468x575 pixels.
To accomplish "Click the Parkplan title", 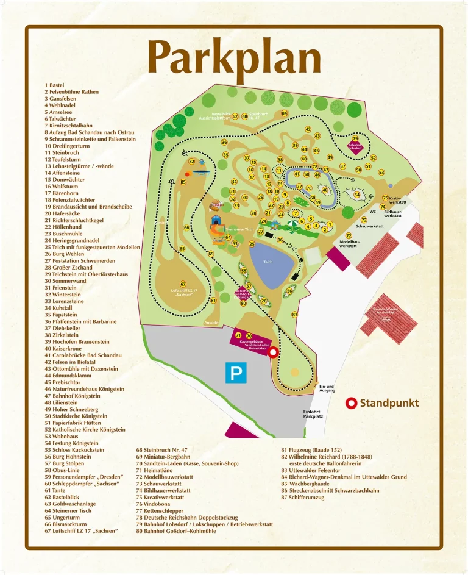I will tap(235, 58).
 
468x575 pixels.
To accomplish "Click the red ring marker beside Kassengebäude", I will tap(274, 352).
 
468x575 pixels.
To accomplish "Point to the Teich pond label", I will tap(268, 262).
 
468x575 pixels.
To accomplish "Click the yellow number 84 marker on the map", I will tap(284, 113).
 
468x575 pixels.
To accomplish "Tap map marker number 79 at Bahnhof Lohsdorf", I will tap(355, 139).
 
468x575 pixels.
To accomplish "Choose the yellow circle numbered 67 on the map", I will tap(183, 284).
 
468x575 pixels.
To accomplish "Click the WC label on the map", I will tap(372, 212).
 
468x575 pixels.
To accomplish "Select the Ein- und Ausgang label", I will tap(327, 388).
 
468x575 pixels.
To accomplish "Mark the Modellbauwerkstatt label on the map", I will tap(348, 243).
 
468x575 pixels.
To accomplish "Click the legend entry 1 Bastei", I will tap(54, 85).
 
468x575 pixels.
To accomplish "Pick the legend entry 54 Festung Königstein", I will tap(71, 443).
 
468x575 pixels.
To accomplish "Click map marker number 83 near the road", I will tap(294, 315).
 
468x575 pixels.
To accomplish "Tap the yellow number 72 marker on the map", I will tap(349, 235).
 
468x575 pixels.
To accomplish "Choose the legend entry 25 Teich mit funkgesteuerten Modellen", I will tap(92, 248).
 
